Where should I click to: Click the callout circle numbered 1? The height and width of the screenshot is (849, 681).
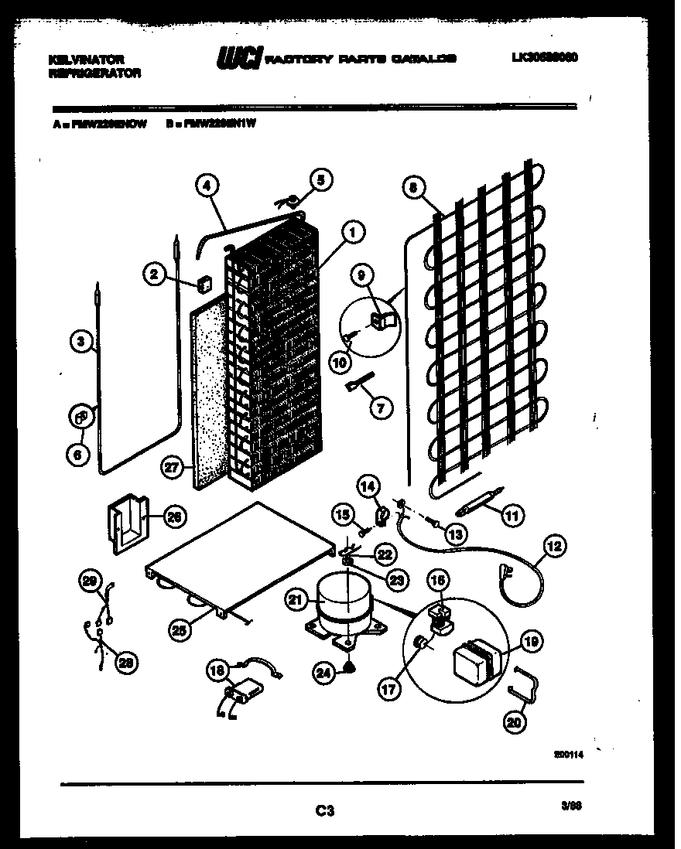pos(352,230)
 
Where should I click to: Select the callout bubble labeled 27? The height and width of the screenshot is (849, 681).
pos(173,466)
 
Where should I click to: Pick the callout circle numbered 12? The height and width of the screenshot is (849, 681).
pos(553,545)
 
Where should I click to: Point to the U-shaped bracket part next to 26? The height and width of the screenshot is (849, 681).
pos(126,526)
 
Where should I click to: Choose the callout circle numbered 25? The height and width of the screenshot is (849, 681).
pos(180,630)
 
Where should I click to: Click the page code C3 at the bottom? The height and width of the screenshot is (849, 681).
pos(324,810)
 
